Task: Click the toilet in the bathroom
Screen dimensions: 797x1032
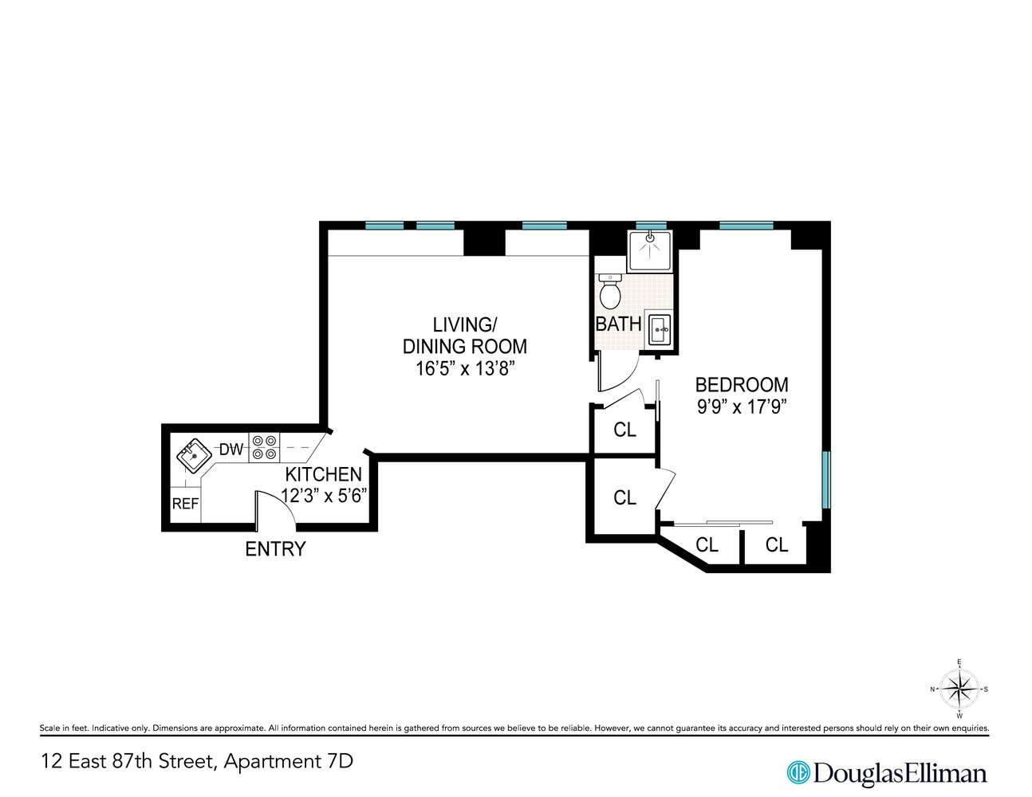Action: pyautogui.click(x=610, y=292)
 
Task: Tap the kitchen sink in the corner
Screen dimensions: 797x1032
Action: pyautogui.click(x=193, y=457)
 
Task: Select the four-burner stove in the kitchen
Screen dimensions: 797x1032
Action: pyautogui.click(x=265, y=448)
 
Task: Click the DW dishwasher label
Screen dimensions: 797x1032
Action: pyautogui.click(x=231, y=450)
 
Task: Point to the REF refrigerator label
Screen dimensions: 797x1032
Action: pyautogui.click(x=185, y=504)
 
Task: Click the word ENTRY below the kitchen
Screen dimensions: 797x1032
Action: pyautogui.click(x=275, y=549)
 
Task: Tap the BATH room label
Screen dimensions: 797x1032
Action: pyautogui.click(x=618, y=324)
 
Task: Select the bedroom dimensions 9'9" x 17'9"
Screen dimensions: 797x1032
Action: pyautogui.click(x=742, y=406)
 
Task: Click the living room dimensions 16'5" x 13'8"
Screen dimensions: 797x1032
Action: pyautogui.click(x=465, y=368)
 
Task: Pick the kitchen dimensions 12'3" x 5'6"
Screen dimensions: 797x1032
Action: pyautogui.click(x=324, y=495)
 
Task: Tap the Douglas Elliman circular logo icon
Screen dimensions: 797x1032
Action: pyautogui.click(x=798, y=772)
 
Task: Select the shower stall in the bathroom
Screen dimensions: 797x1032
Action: pyautogui.click(x=650, y=251)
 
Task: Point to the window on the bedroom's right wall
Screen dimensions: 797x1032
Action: pyautogui.click(x=826, y=480)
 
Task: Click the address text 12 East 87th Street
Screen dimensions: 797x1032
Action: pyautogui.click(x=128, y=761)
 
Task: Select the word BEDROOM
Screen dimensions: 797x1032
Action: pyautogui.click(x=742, y=384)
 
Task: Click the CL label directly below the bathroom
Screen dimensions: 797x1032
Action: pyautogui.click(x=624, y=430)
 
